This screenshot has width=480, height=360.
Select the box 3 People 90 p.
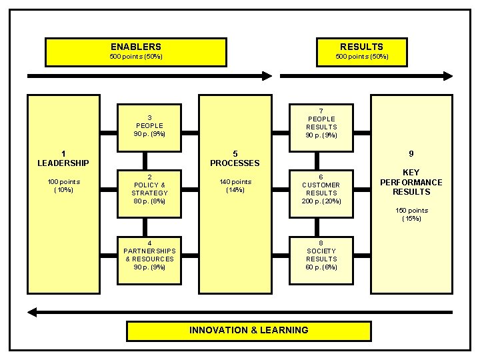pyautogui.click(x=149, y=121)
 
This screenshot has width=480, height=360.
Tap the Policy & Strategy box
pyautogui.click(x=149, y=189)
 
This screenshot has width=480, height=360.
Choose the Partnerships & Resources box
pyautogui.click(x=149, y=255)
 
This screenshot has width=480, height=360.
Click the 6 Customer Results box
pyautogui.click(x=321, y=189)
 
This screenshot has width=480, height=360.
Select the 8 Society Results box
pyautogui.click(x=321, y=255)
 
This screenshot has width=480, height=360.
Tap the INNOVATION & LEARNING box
pyautogui.click(x=249, y=330)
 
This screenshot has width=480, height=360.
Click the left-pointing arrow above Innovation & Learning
pyautogui.click(x=240, y=311)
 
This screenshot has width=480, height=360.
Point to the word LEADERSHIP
pyautogui.click(x=63, y=163)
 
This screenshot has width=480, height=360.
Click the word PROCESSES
pyautogui.click(x=235, y=163)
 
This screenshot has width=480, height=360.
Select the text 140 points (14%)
pyautogui.click(x=235, y=185)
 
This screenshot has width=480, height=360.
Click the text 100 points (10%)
pyautogui.click(x=63, y=185)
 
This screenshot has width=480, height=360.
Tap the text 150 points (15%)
pyautogui.click(x=411, y=214)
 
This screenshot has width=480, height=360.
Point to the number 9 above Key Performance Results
pyautogui.click(x=411, y=153)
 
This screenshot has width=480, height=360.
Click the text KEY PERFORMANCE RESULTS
pyautogui.click(x=411, y=182)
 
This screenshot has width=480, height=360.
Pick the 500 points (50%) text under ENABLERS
pyautogui.click(x=135, y=57)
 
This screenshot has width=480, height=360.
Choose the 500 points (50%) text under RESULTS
pyautogui.click(x=361, y=57)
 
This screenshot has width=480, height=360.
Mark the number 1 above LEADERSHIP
pyautogui.click(x=63, y=153)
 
